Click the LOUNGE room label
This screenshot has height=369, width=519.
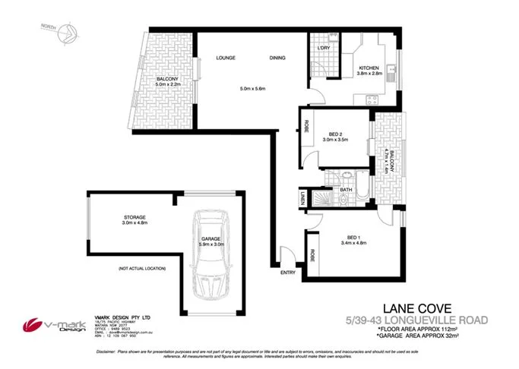click(225, 58)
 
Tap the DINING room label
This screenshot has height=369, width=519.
click(278, 58)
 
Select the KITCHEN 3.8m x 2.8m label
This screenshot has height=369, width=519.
click(372, 71)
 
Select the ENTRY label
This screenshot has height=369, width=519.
click(288, 273)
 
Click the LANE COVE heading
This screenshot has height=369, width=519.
click(418, 308)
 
